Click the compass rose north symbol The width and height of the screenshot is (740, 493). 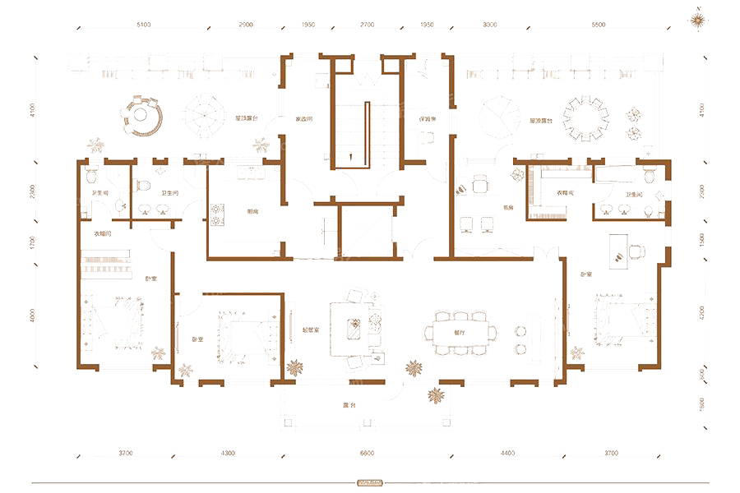click(x=698, y=18)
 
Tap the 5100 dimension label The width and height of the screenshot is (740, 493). click(x=144, y=25)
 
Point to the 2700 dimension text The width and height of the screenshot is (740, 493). click(x=368, y=25)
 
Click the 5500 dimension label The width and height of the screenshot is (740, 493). click(x=598, y=25)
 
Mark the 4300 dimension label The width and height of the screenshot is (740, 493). click(x=228, y=453)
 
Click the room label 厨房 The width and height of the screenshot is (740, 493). click(x=252, y=210)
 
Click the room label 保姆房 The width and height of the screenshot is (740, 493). click(x=425, y=119)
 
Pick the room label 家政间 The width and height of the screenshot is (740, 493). click(x=305, y=119)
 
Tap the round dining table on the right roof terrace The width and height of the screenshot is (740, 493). click(x=589, y=119)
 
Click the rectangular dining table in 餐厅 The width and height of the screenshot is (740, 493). click(x=460, y=333)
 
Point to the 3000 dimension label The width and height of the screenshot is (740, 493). click(x=490, y=25)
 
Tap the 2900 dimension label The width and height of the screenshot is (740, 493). click(x=245, y=25)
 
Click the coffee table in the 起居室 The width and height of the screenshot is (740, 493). click(x=356, y=326)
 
